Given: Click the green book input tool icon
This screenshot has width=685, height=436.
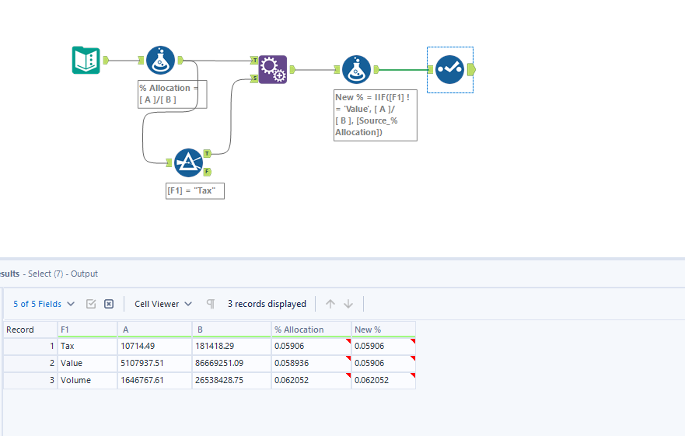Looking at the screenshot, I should (x=86, y=60).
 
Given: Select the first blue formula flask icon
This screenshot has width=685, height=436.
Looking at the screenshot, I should (x=160, y=60).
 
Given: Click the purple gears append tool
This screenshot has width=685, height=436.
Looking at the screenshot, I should (x=273, y=69).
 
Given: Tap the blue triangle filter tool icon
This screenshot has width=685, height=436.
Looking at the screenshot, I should (x=188, y=162).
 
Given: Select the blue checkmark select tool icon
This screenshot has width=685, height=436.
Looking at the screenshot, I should (x=449, y=69).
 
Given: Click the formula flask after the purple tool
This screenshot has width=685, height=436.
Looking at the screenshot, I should (x=356, y=69).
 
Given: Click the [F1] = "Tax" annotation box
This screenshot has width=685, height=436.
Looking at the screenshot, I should (x=195, y=191).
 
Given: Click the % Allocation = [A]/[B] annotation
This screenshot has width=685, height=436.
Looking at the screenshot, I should (x=172, y=94).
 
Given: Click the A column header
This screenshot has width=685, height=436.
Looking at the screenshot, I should (x=154, y=330).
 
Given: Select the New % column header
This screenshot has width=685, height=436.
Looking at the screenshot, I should (x=383, y=330).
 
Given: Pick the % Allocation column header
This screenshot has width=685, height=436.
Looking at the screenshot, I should (x=311, y=330).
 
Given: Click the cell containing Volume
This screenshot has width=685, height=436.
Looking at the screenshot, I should (x=86, y=381).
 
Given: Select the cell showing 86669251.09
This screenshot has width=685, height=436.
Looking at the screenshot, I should (x=231, y=364).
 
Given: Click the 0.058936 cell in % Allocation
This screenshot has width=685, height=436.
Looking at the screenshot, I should (x=311, y=364).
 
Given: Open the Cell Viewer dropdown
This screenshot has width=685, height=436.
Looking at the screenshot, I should (x=163, y=304).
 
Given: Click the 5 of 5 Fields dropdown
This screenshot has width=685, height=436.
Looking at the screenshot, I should (x=44, y=304).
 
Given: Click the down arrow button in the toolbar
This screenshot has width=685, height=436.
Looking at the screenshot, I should (x=348, y=304).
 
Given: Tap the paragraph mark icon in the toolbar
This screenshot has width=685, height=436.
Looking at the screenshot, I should (x=211, y=304).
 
